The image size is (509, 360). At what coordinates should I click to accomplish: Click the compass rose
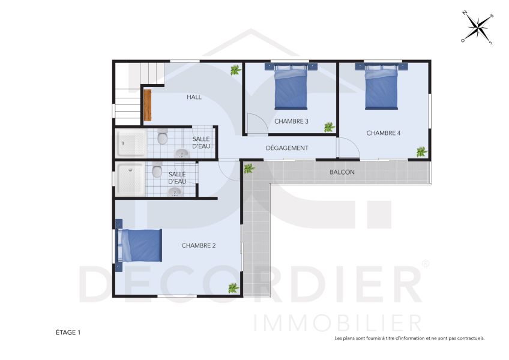[477, 28]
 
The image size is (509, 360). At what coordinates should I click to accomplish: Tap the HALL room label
[194, 97]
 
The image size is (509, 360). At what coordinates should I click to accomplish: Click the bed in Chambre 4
[382, 88]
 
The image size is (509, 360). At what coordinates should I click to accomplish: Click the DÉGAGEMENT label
[287, 148]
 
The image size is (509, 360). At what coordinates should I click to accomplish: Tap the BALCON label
[342, 172]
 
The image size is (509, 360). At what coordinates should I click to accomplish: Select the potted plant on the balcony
[248, 169]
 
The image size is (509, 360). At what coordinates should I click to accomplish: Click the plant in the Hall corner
[235, 70]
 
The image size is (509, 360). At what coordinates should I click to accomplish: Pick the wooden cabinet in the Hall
[147, 105]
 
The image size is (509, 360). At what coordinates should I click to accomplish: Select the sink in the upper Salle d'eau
[181, 154]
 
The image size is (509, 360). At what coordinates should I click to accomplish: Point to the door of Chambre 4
[348, 148]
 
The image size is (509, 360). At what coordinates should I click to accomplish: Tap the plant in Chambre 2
[233, 288]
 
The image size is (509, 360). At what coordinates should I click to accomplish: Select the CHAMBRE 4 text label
[383, 133]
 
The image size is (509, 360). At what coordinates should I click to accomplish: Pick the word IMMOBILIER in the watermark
[337, 323]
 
